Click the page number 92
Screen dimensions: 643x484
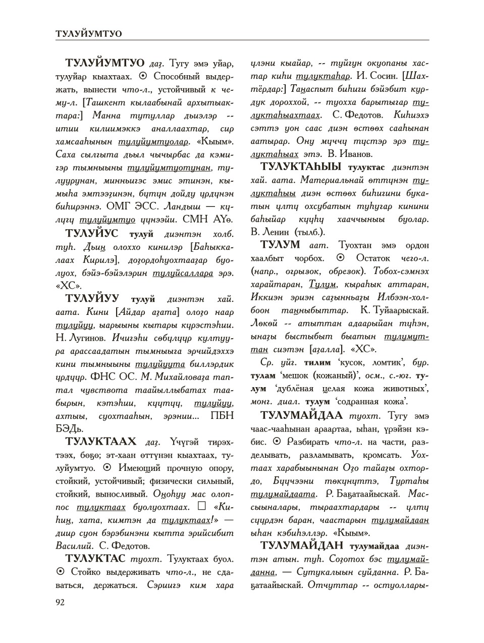60,601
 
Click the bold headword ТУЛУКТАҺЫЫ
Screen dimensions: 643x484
301,166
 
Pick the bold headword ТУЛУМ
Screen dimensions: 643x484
280,245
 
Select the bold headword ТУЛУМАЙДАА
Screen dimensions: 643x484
301,415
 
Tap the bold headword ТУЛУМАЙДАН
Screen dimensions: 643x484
301,546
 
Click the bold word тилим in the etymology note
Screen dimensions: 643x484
317,362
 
